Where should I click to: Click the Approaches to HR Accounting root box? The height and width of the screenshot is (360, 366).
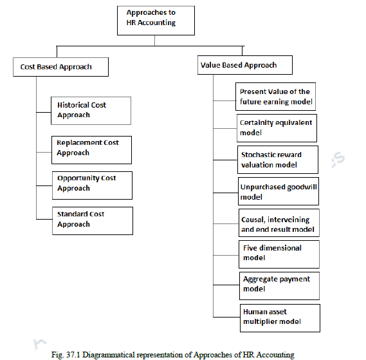click(x=156, y=21)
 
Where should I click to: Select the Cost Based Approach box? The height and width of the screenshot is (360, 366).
click(x=60, y=67)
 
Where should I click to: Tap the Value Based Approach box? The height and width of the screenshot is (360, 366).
click(x=245, y=65)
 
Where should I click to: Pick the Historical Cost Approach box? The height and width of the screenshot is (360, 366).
click(x=91, y=111)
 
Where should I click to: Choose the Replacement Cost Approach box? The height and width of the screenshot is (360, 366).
click(x=91, y=150)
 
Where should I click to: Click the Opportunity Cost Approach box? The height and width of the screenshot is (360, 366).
click(x=92, y=185)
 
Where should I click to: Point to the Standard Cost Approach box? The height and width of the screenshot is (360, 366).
click(x=93, y=221)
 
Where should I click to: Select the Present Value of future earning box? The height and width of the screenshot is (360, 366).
click(x=276, y=97)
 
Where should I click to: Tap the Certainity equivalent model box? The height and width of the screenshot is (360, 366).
click(x=277, y=128)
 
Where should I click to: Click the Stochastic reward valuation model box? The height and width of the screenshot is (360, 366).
click(x=278, y=160)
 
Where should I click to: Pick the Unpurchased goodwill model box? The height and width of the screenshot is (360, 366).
click(x=279, y=191)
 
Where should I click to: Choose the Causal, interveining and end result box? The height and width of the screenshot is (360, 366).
click(x=279, y=223)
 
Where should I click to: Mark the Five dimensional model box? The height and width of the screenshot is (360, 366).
click(x=279, y=254)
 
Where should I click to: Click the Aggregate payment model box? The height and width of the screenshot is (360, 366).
click(x=279, y=286)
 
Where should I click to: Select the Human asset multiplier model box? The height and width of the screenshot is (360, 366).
click(x=280, y=318)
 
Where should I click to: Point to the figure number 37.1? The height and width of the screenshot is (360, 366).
click(x=73, y=355)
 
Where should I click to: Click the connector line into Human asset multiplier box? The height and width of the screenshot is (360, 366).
click(x=226, y=317)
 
